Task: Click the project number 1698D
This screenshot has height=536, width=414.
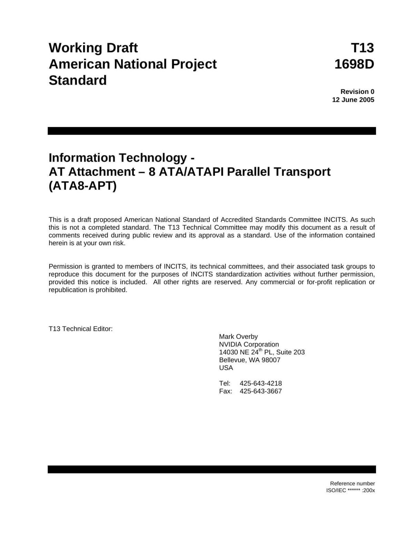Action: click(x=354, y=64)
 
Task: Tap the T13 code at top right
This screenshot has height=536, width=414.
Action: click(x=362, y=48)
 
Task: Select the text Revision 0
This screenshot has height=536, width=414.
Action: click(x=357, y=92)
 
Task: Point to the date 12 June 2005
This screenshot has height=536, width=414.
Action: click(x=353, y=100)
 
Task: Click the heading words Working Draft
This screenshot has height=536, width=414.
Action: click(x=93, y=48)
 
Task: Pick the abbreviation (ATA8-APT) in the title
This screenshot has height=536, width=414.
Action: click(x=83, y=186)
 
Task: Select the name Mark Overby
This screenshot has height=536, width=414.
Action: click(x=238, y=336)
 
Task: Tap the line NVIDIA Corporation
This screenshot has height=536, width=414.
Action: click(x=249, y=344)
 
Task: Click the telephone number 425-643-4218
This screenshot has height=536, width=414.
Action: click(x=260, y=383)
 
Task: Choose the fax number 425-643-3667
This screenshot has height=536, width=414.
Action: click(x=260, y=391)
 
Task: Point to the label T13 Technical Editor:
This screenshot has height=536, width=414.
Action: click(x=81, y=329)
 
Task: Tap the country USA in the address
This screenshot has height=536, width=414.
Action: click(x=226, y=368)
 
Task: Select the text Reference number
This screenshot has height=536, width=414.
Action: click(x=352, y=484)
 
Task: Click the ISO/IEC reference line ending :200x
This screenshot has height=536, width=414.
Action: click(x=350, y=490)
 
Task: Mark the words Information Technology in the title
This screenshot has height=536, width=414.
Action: click(x=118, y=157)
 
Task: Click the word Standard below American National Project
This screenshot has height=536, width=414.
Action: click(x=78, y=80)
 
